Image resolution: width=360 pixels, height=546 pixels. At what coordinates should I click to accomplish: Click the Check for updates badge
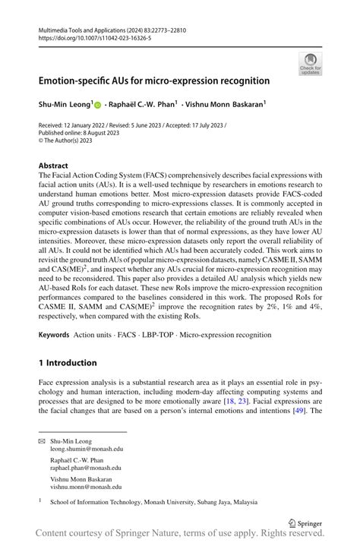(310, 63)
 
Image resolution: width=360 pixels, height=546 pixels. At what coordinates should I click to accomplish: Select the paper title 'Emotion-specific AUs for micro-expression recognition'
(154, 80)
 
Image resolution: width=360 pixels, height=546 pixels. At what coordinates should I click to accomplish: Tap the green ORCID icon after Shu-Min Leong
(98, 104)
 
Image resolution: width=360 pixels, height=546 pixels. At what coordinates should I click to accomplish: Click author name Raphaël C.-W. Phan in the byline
(144, 104)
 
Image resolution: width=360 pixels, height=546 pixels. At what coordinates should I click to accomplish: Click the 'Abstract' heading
(53, 165)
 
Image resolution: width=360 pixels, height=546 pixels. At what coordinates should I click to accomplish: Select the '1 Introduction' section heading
(68, 362)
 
